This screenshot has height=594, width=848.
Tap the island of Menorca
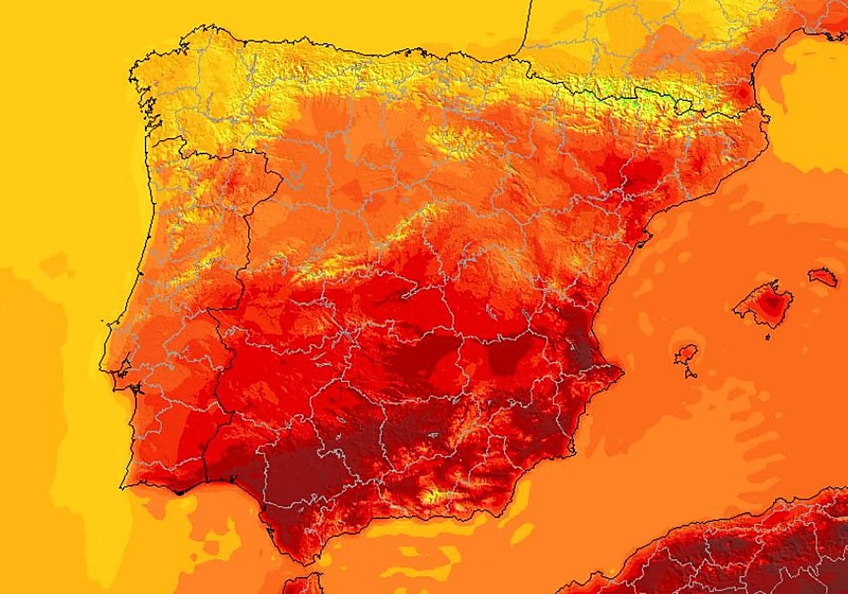pos(823,276)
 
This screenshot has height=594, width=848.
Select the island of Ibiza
pos(686,354)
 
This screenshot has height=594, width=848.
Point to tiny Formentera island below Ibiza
pos(688,373)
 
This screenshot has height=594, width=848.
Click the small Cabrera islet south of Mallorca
pos(767,336)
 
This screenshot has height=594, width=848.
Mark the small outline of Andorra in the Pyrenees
pos(683,106)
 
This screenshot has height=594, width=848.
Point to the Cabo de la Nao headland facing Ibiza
pos(621,371)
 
